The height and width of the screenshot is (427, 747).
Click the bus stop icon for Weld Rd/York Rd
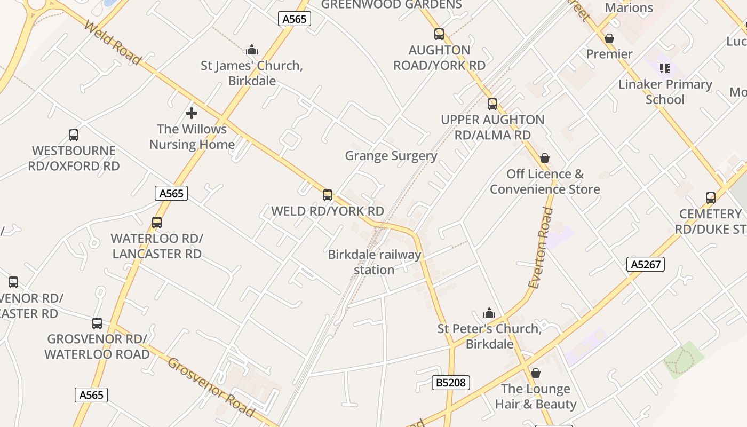click(x=328, y=195)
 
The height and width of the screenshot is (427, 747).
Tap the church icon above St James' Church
click(x=252, y=51)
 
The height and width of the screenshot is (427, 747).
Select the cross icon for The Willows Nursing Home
click(x=192, y=113)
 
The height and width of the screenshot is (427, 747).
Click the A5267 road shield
click(x=645, y=264)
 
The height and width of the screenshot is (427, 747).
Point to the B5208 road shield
click(x=450, y=382)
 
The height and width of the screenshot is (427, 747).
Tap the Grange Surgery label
click(x=391, y=156)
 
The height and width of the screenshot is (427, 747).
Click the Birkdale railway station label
click(x=375, y=262)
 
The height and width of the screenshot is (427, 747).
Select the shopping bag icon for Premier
click(x=609, y=39)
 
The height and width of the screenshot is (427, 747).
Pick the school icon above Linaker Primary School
click(x=665, y=68)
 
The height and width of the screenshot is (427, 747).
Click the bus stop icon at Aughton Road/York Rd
click(x=439, y=35)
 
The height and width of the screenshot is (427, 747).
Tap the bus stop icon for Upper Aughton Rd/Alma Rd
click(x=492, y=104)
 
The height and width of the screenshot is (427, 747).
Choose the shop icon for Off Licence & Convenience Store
click(x=545, y=159)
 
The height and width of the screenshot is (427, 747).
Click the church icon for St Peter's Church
click(x=489, y=313)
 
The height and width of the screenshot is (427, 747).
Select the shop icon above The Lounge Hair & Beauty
click(x=536, y=373)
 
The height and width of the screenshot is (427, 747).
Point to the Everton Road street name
click(x=541, y=248)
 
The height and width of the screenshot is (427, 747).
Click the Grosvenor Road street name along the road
click(x=211, y=387)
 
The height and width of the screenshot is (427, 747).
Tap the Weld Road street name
click(x=113, y=43)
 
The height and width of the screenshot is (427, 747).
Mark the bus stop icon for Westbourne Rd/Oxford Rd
click(x=74, y=135)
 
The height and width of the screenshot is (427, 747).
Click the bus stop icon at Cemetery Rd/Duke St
click(x=711, y=198)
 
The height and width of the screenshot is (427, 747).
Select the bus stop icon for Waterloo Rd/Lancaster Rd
click(x=157, y=223)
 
